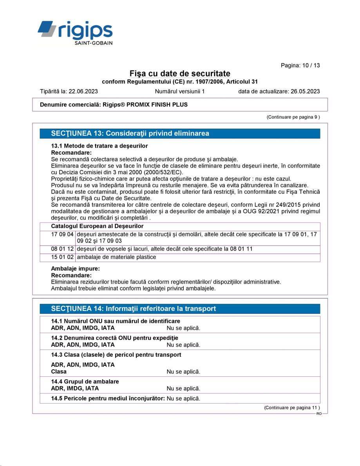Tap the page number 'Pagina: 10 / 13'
pos(300,65)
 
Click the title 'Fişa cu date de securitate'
pos(180,74)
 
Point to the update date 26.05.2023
pos(305,92)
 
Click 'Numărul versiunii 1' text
pos(180,92)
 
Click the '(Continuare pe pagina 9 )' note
pos(293,117)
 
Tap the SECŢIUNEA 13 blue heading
pos(130,134)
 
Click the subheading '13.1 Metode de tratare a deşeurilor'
pos(99,146)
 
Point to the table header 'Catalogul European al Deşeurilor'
pos(97,226)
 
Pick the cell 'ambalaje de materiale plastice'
pos(116,257)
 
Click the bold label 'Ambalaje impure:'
pos(75,269)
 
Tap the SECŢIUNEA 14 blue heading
pos(133,309)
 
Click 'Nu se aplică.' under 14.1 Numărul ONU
pos(183,328)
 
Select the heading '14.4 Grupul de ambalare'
pos(85,381)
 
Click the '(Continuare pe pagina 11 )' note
pos(291,408)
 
